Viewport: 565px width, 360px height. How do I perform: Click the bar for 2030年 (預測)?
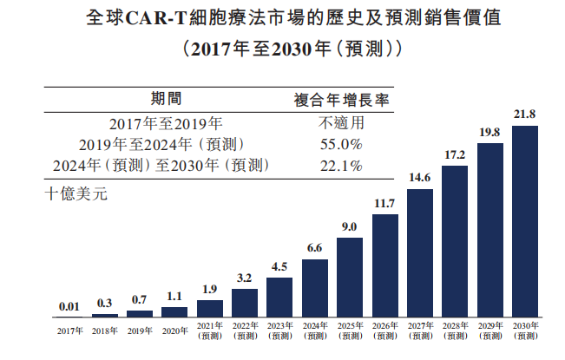(x=525, y=221)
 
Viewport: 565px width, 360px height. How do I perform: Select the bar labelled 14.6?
(x=420, y=252)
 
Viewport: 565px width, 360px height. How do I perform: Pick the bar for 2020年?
(x=174, y=311)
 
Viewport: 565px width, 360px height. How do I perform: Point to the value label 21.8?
(x=525, y=114)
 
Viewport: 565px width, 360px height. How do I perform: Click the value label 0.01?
(x=69, y=306)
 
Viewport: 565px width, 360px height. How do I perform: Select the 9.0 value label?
(x=350, y=226)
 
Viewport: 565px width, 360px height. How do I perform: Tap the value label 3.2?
(x=245, y=278)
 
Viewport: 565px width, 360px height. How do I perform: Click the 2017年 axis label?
(x=69, y=331)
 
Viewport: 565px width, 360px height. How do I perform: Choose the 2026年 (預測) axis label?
(x=384, y=331)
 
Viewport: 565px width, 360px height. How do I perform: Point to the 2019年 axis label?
(x=140, y=331)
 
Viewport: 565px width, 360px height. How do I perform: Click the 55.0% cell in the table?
(x=341, y=144)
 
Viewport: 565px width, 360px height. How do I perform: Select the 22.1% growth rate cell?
(x=341, y=165)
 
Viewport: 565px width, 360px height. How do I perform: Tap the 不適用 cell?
(x=341, y=122)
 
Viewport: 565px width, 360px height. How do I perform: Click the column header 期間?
(x=166, y=100)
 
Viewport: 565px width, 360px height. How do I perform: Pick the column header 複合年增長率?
(x=341, y=100)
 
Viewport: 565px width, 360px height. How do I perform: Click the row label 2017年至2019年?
(x=166, y=122)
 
